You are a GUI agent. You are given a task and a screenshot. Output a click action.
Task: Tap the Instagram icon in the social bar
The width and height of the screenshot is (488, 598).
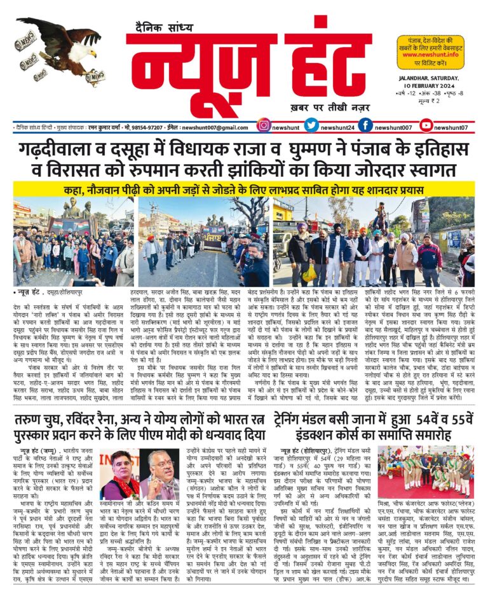coord(264,126)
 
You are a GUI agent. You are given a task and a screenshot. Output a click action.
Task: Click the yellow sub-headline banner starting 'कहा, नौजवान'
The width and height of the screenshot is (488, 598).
coord(244,189)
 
